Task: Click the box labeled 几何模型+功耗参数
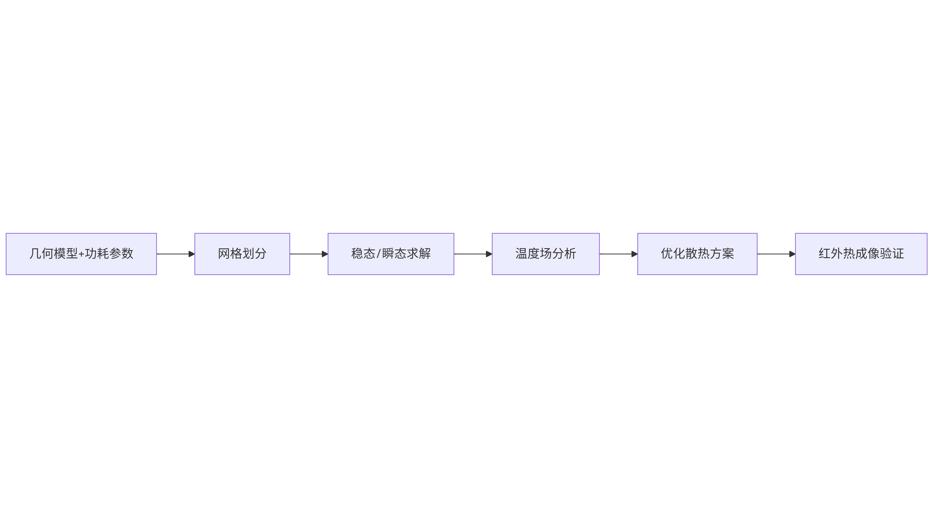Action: (x=81, y=254)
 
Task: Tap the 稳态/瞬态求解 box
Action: (x=391, y=254)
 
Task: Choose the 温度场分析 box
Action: (x=546, y=254)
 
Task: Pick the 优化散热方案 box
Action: (x=697, y=254)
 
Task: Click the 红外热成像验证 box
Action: (x=861, y=254)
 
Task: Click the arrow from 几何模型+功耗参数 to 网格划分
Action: (x=176, y=254)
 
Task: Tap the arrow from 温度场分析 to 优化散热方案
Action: (x=619, y=254)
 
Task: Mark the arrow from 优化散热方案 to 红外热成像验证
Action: (x=776, y=254)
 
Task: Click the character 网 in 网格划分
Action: (x=224, y=253)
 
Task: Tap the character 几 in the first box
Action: (x=36, y=253)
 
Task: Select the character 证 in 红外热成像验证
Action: (x=898, y=253)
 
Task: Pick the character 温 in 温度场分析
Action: (x=522, y=253)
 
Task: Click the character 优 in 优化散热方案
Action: (x=667, y=253)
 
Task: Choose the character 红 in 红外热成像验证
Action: (x=825, y=253)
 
